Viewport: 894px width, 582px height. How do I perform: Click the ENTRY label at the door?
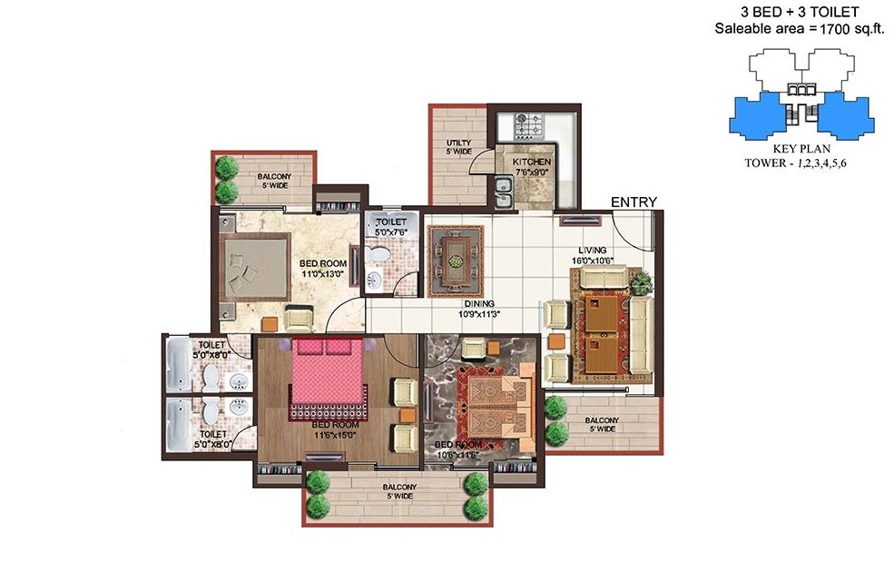[x=633, y=202]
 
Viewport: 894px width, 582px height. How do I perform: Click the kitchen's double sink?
[x=502, y=190]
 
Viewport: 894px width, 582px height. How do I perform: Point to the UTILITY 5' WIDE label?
[x=458, y=147]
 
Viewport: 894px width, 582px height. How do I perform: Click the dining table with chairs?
[x=456, y=261]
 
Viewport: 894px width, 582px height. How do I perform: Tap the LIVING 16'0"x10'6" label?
[x=594, y=255]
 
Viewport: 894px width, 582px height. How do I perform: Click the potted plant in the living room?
[x=641, y=282]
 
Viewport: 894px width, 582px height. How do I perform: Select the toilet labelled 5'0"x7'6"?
[x=390, y=226]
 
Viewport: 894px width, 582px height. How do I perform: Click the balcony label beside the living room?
[x=602, y=425]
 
